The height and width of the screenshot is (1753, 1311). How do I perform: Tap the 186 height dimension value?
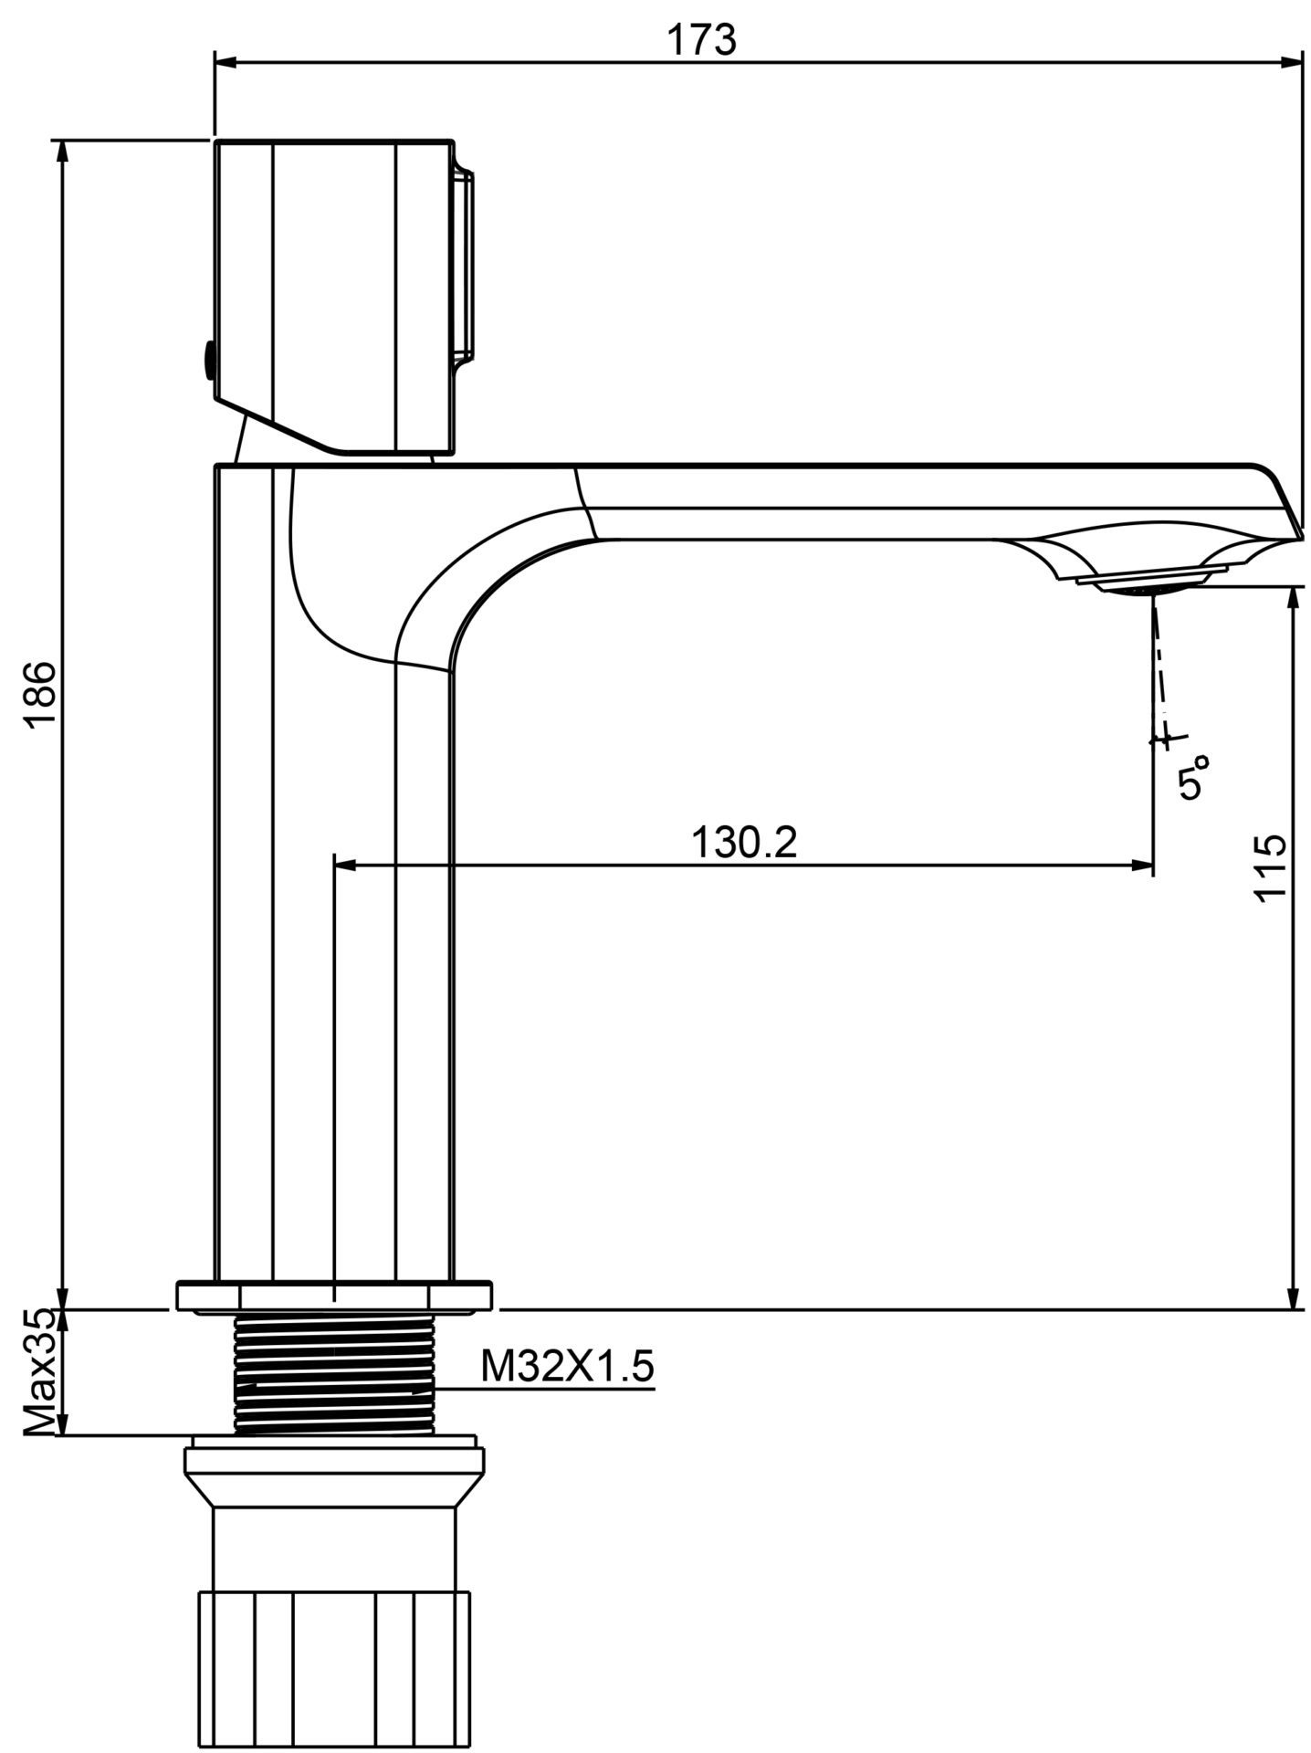pos(42,695)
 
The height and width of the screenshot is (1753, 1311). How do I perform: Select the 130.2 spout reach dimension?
pos(744,841)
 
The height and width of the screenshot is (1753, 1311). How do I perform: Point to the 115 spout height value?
pos(1270,866)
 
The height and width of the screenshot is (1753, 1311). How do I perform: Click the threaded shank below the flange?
pos(334,1374)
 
